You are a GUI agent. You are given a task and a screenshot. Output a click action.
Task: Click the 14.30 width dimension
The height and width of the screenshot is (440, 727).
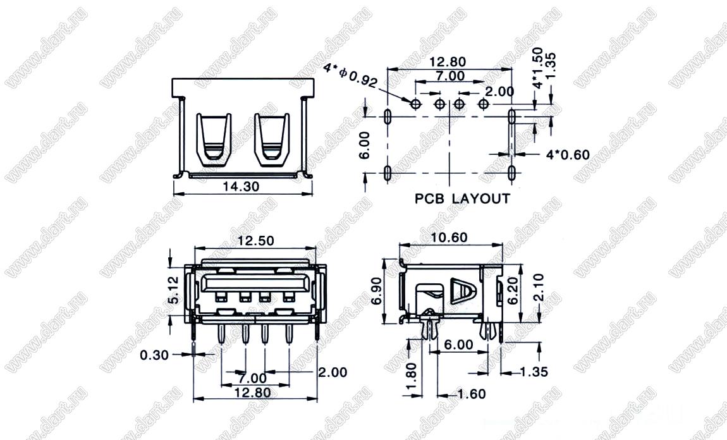pos(241,186)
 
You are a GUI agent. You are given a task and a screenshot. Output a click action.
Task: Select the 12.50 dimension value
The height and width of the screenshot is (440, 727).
pos(255,241)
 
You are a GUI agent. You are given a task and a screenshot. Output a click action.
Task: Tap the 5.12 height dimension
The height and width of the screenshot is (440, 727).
pos(173,290)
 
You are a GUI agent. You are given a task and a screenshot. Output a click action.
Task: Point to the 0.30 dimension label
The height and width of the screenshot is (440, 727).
pos(154,355)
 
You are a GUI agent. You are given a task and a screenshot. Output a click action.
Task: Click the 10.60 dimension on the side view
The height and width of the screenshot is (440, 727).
pos(449,238)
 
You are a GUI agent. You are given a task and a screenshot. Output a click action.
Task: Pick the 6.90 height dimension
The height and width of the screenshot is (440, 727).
pos(376,291)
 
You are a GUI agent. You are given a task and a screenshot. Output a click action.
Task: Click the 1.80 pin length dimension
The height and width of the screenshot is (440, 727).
pos(411,376)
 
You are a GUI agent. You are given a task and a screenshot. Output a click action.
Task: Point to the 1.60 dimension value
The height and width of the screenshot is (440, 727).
pos(472,394)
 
